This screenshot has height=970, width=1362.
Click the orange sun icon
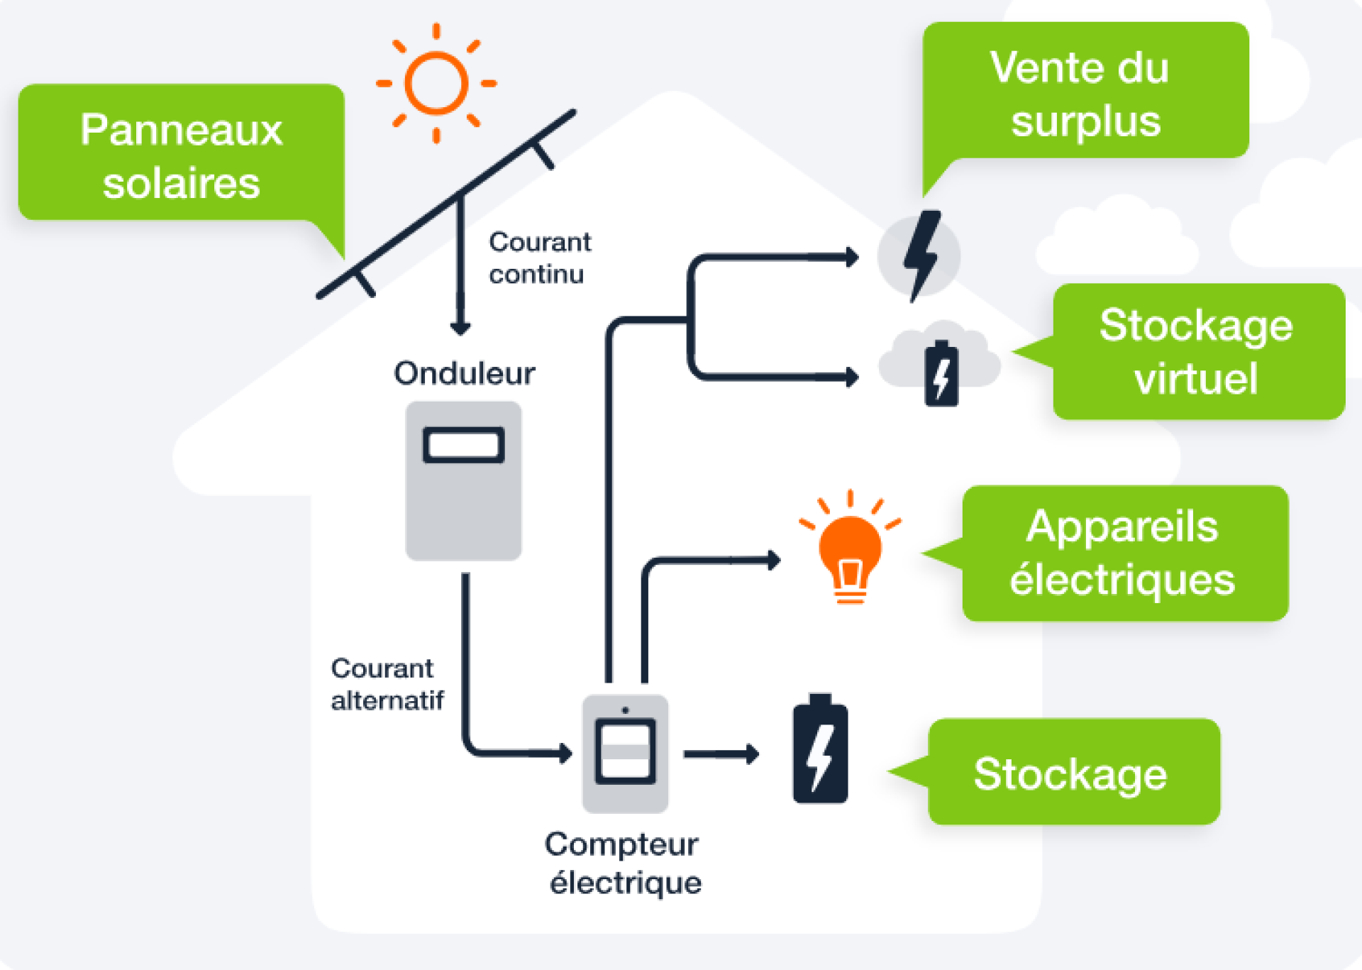[436, 83]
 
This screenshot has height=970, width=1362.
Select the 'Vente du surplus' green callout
[1085, 92]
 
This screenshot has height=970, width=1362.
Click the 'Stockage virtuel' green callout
[1197, 351]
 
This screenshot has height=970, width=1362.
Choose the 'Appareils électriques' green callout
[1124, 553]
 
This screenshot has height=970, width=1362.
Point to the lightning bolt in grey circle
[920, 255]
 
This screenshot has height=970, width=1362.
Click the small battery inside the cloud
[941, 374]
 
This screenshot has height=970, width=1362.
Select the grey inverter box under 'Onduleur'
[463, 497]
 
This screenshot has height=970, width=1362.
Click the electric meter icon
[625, 752]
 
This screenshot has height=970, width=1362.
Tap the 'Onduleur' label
[465, 373]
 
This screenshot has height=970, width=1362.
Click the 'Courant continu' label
[539, 258]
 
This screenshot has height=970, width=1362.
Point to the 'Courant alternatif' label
[387, 684]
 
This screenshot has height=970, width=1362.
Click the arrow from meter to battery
[720, 754]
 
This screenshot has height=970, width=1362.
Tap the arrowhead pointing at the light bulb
[774, 560]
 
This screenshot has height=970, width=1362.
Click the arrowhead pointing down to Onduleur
[460, 329]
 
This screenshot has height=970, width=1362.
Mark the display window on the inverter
[463, 445]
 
